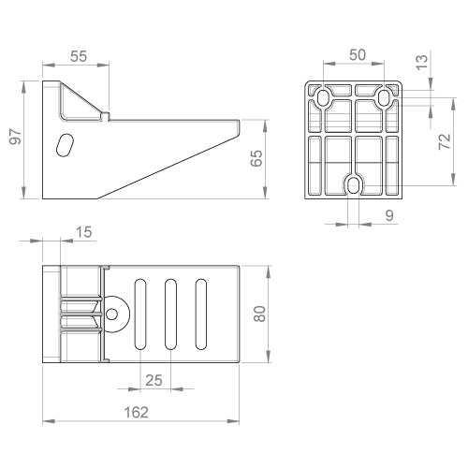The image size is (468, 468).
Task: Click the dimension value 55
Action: point(79,56)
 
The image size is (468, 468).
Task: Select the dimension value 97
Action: point(15,137)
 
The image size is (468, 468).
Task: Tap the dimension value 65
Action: point(256,158)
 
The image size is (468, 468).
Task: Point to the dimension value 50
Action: point(358,55)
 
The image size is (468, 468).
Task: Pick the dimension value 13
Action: point(421,62)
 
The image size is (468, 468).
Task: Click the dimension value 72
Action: point(445,141)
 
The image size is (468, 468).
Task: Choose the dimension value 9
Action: point(389,215)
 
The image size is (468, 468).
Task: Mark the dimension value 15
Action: point(83,232)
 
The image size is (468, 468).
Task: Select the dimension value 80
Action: point(259,314)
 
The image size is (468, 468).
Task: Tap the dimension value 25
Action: point(154,380)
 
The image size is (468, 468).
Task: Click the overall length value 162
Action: point(136,413)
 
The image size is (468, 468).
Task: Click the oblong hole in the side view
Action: point(65,145)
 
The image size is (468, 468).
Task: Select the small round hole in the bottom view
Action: point(111,314)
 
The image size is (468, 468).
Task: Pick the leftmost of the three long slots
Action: point(140,314)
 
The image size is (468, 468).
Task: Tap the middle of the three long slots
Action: point(170,314)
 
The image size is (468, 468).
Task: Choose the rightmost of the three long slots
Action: point(201,314)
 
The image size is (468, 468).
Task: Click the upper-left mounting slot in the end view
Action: point(323,97)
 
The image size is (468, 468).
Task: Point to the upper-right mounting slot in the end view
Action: point(384,97)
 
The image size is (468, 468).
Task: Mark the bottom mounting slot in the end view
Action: point(354,186)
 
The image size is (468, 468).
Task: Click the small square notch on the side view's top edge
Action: point(106,116)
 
